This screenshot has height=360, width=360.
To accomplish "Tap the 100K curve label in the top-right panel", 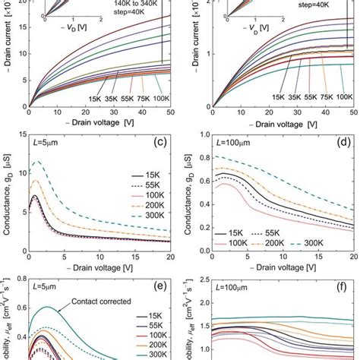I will pyautogui.click(x=344, y=96).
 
